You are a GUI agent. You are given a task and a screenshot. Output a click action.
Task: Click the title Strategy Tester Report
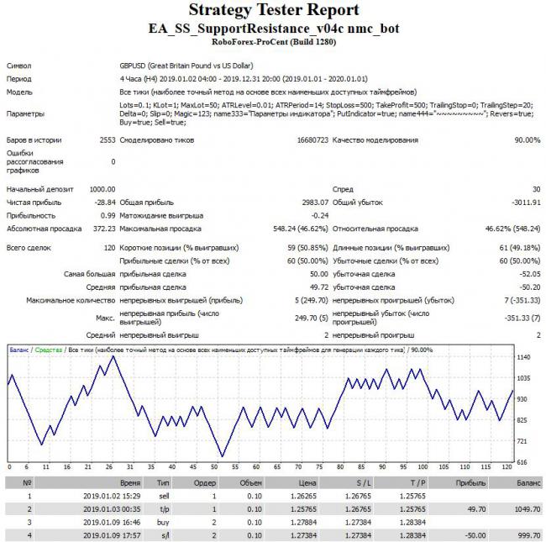(273, 11)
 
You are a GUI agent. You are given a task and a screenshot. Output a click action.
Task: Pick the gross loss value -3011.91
(522, 203)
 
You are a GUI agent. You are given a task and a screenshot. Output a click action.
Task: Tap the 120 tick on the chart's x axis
(506, 468)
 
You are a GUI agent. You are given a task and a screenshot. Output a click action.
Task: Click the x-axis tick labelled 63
(223, 468)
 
